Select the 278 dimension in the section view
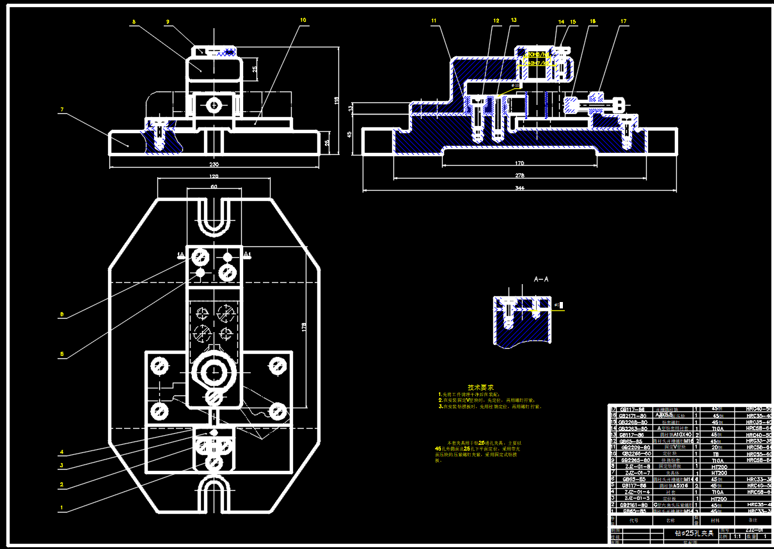point(519,175)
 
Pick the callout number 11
point(434,21)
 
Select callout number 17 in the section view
point(622,21)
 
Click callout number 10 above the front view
point(303,20)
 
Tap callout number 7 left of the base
point(61,110)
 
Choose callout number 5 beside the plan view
point(61,354)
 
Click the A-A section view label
point(541,280)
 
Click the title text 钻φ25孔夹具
point(694,532)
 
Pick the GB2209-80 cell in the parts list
point(635,447)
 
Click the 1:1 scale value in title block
point(737,536)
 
